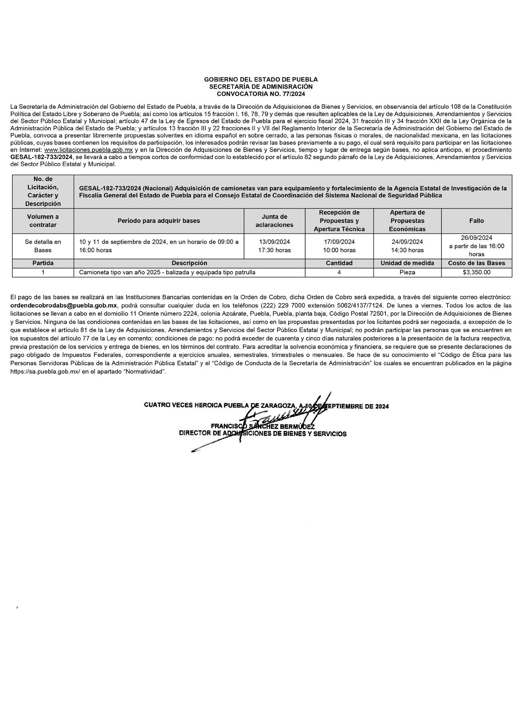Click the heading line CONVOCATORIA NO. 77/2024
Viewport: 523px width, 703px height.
tap(261, 94)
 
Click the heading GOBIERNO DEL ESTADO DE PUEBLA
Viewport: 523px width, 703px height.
tap(261, 79)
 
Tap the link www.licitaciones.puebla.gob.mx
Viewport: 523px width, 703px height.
tap(89, 150)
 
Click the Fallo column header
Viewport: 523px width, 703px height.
tap(476, 221)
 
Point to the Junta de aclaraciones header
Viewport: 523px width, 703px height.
tap(274, 221)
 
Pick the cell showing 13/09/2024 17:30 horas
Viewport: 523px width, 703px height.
tap(274, 246)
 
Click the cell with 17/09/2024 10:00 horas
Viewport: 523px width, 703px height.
tap(339, 246)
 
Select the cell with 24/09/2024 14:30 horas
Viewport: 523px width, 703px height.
tap(407, 246)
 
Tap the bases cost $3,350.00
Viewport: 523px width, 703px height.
tap(477, 272)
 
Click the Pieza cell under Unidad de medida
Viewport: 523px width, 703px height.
tap(407, 272)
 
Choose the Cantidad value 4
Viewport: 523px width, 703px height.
tap(339, 272)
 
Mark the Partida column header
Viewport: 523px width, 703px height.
tap(43, 263)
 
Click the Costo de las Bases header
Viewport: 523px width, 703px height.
tap(476, 263)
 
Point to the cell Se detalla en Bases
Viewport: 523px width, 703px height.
tap(43, 246)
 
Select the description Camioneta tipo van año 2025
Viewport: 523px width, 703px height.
tap(167, 272)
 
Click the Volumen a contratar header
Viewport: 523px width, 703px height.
tap(43, 221)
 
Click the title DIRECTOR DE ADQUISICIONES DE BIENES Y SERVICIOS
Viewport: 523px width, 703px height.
tap(263, 434)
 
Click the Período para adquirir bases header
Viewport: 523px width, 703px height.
tap(159, 221)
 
